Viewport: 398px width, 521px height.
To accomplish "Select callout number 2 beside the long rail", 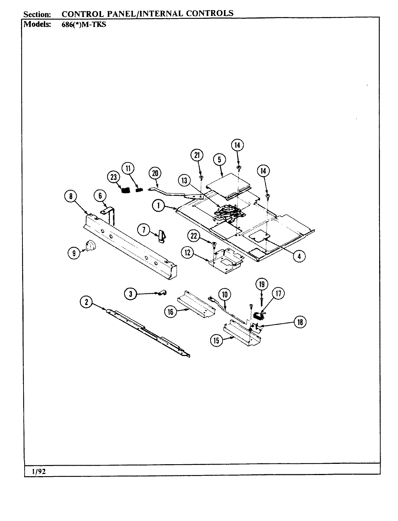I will tap(86, 302).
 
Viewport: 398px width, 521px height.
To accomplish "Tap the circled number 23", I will tap(113, 177).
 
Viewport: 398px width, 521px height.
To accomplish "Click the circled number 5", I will tap(219, 159).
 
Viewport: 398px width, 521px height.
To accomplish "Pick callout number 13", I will tap(185, 181).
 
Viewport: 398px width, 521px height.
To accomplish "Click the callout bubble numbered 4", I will tap(299, 256).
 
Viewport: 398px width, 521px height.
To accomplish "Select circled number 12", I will tap(187, 253).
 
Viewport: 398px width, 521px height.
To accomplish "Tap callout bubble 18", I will tap(300, 322).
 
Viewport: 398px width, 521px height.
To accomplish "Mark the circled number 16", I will tap(170, 312).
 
